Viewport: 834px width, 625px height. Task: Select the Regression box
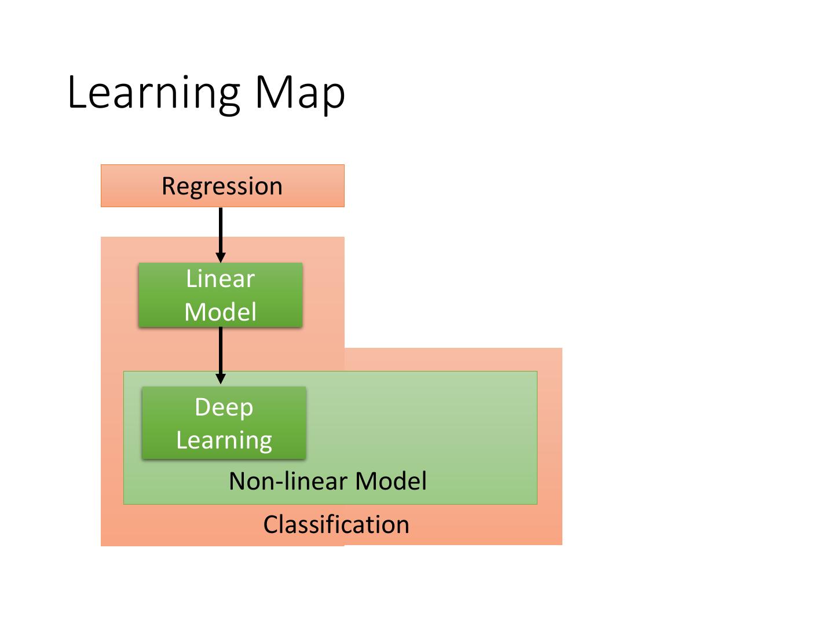coord(313,186)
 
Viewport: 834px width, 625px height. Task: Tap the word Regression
coord(222,186)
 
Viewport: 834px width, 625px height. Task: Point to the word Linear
coord(220,279)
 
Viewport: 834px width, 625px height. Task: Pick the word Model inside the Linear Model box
coord(220,312)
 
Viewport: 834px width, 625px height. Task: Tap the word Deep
coord(224,407)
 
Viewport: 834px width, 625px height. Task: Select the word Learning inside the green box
coord(224,440)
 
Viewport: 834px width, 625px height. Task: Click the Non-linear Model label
coord(328,481)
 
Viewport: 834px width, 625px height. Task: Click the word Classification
coord(336,524)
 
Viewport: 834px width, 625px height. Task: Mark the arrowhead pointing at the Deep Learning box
coord(221,379)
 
